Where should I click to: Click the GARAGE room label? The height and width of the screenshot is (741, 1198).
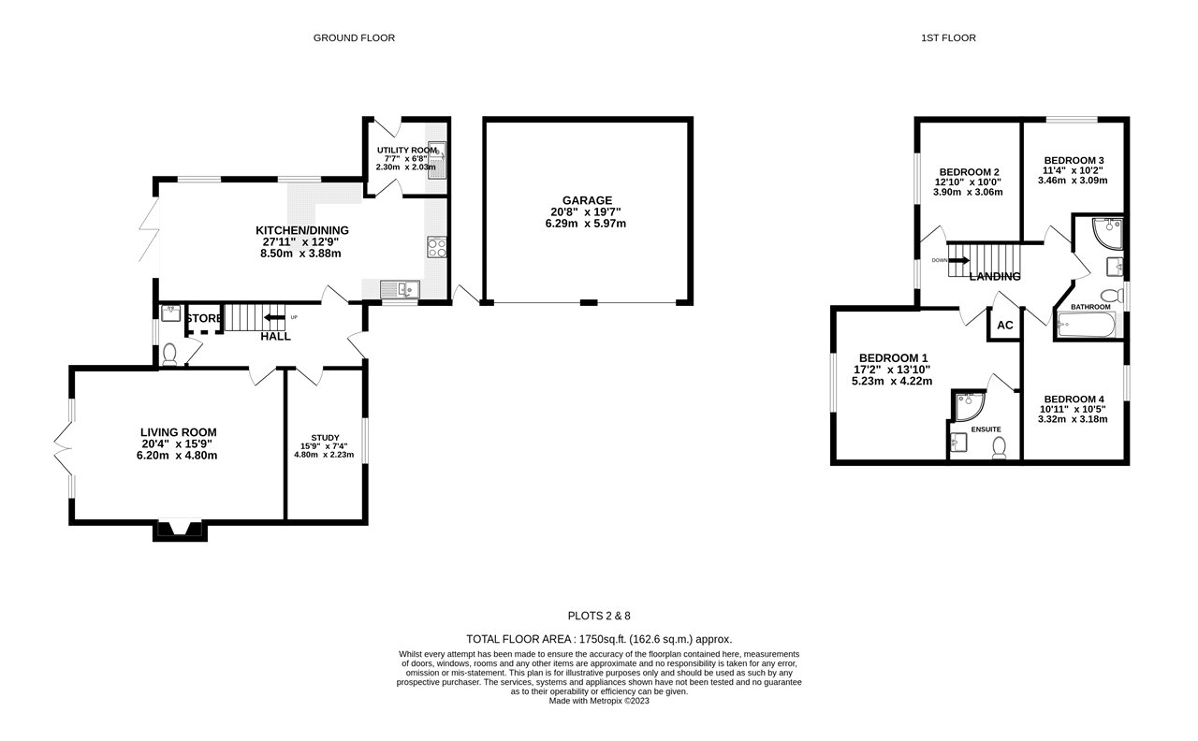pyautogui.click(x=587, y=200)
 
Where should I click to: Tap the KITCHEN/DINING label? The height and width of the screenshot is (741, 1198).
pyautogui.click(x=298, y=230)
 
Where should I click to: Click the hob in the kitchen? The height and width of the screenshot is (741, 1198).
pyautogui.click(x=437, y=247)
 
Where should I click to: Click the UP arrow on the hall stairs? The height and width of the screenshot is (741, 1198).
pyautogui.click(x=274, y=318)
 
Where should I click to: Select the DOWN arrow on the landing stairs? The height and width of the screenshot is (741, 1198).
pyautogui.click(x=958, y=261)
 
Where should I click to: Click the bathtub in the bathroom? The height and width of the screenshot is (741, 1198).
pyautogui.click(x=1086, y=326)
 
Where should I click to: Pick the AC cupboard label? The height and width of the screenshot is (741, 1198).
pyautogui.click(x=1005, y=326)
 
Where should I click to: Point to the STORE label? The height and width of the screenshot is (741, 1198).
pyautogui.click(x=203, y=319)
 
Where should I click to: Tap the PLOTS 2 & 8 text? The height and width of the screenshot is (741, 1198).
pyautogui.click(x=599, y=616)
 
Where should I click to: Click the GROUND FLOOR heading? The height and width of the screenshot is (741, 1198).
pyautogui.click(x=354, y=38)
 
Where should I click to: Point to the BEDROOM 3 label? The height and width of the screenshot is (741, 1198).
pyautogui.click(x=1074, y=160)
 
